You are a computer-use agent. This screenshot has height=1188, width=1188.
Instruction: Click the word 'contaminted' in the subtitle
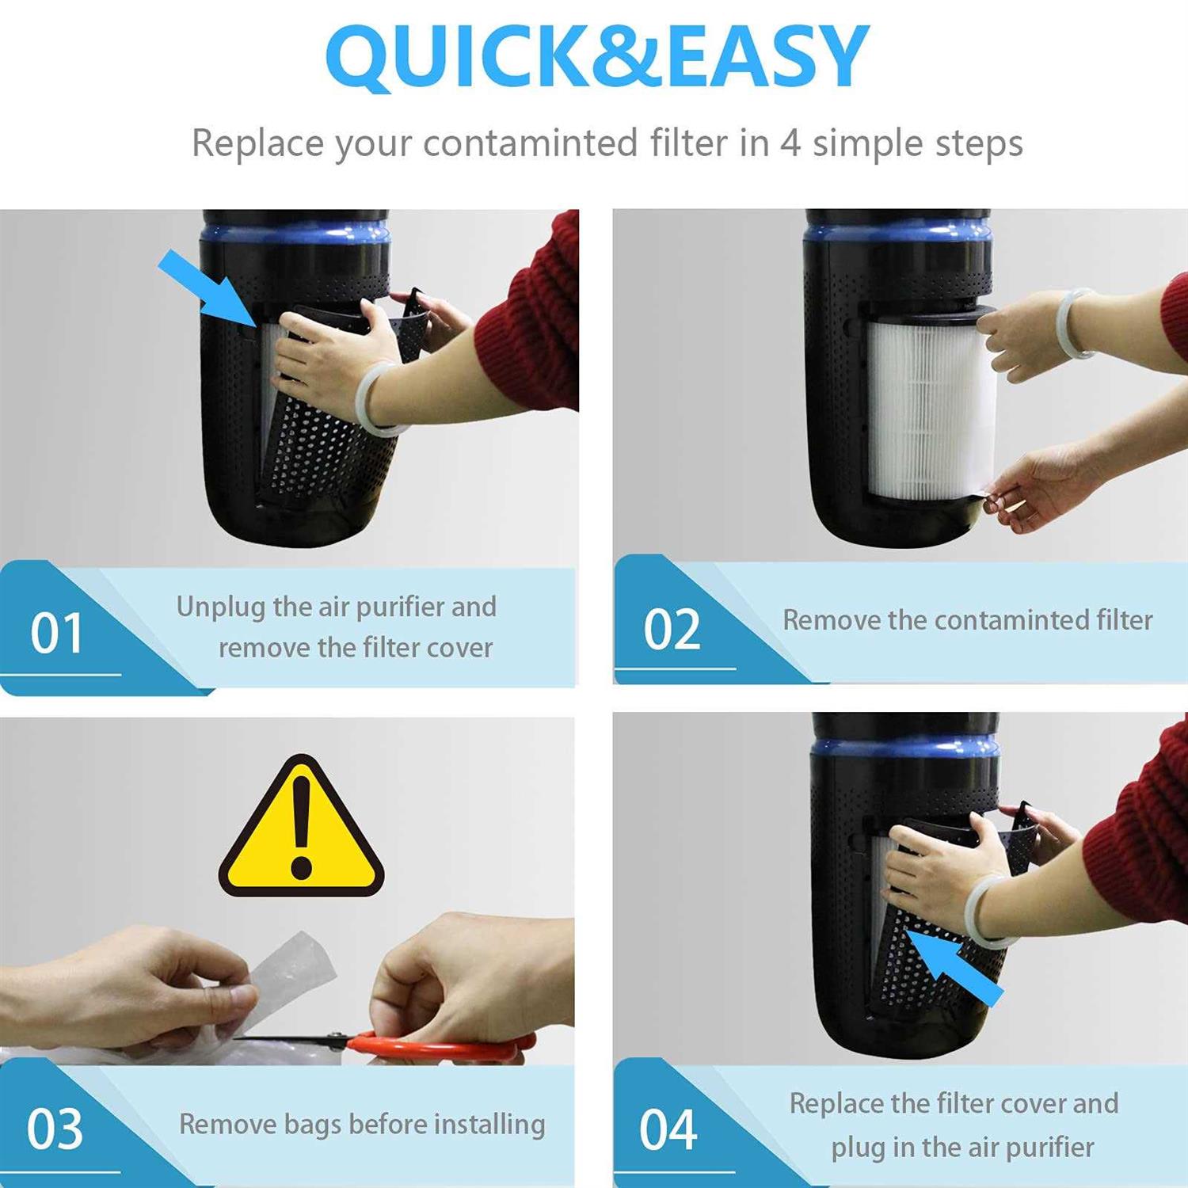(x=530, y=144)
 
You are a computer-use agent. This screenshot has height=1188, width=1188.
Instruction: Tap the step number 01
(x=56, y=634)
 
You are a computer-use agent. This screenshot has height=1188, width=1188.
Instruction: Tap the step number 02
(x=672, y=630)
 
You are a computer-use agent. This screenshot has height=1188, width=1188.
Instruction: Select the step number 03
(x=55, y=1129)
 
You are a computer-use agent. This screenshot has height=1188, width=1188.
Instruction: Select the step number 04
(x=668, y=1129)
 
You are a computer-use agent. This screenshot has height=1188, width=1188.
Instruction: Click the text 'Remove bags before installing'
(x=362, y=1124)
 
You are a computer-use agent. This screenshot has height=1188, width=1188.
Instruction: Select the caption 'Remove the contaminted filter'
(x=967, y=620)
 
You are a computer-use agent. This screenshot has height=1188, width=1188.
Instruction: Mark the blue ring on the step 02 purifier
(x=897, y=231)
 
